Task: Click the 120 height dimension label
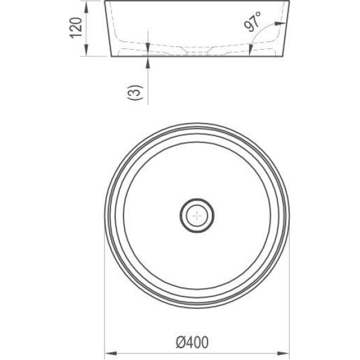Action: tap(76, 28)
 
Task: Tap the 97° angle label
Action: tap(253, 21)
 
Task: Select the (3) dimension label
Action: tap(135, 92)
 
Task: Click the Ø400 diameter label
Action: tap(192, 343)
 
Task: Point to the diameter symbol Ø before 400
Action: tap(181, 343)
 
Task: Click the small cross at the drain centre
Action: tap(197, 215)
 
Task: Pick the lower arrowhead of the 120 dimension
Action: tap(86, 50)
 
